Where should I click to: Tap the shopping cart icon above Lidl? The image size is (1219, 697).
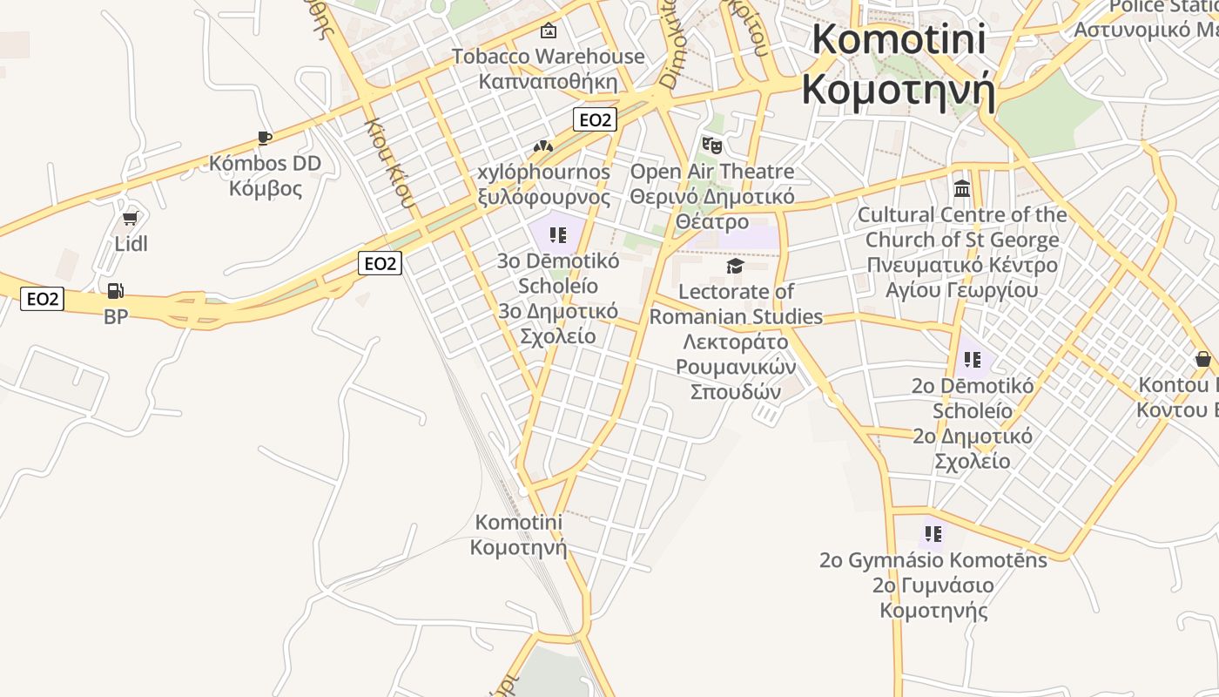tap(131, 218)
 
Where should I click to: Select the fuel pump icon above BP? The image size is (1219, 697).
tap(115, 290)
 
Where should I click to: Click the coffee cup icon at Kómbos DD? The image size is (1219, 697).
tap(265, 138)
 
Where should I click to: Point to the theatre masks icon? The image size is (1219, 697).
tap(712, 145)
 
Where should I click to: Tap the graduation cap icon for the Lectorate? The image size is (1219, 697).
tap(736, 266)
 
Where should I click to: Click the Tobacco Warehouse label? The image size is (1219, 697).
tap(548, 57)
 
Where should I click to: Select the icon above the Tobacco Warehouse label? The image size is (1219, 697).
tap(548, 31)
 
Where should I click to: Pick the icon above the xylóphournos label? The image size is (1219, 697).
tap(543, 146)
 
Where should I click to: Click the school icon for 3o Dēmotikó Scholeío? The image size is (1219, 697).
tap(558, 234)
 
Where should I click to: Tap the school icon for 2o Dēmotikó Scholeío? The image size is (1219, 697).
tap(973, 359)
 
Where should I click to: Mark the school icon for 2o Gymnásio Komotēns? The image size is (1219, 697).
tap(933, 533)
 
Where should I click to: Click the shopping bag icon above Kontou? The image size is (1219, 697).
tap(1202, 359)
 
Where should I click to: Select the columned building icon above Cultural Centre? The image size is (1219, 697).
tap(962, 188)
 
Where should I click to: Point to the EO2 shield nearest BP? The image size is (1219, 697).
tap(43, 300)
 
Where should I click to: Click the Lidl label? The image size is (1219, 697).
tap(131, 244)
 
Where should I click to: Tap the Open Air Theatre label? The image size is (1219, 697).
tap(711, 172)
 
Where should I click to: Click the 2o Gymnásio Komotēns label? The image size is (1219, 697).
tap(933, 559)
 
